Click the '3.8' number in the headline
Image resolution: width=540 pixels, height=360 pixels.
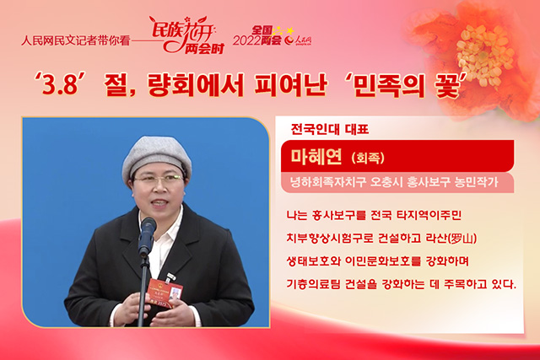[x=60, y=84]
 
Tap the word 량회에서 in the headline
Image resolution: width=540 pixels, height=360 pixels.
[x=196, y=84]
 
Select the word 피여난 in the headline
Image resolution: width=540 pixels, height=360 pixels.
[x=290, y=84]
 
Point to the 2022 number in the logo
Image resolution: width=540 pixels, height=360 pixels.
[x=246, y=40]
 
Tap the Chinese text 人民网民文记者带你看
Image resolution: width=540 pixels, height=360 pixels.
[x=75, y=40]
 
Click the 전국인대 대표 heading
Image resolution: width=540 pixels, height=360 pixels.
[x=330, y=129]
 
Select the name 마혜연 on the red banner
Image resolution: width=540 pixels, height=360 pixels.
[x=316, y=157]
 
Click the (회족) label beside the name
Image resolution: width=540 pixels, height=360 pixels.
[x=368, y=158]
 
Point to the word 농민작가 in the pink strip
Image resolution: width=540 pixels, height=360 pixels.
[x=476, y=182]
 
